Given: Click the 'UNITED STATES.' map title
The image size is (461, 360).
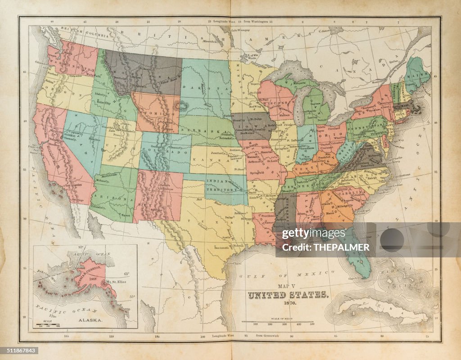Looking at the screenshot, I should [288, 295].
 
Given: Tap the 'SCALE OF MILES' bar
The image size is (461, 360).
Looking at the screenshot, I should [277, 321].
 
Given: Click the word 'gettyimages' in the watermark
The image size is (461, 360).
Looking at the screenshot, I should [307, 234].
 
